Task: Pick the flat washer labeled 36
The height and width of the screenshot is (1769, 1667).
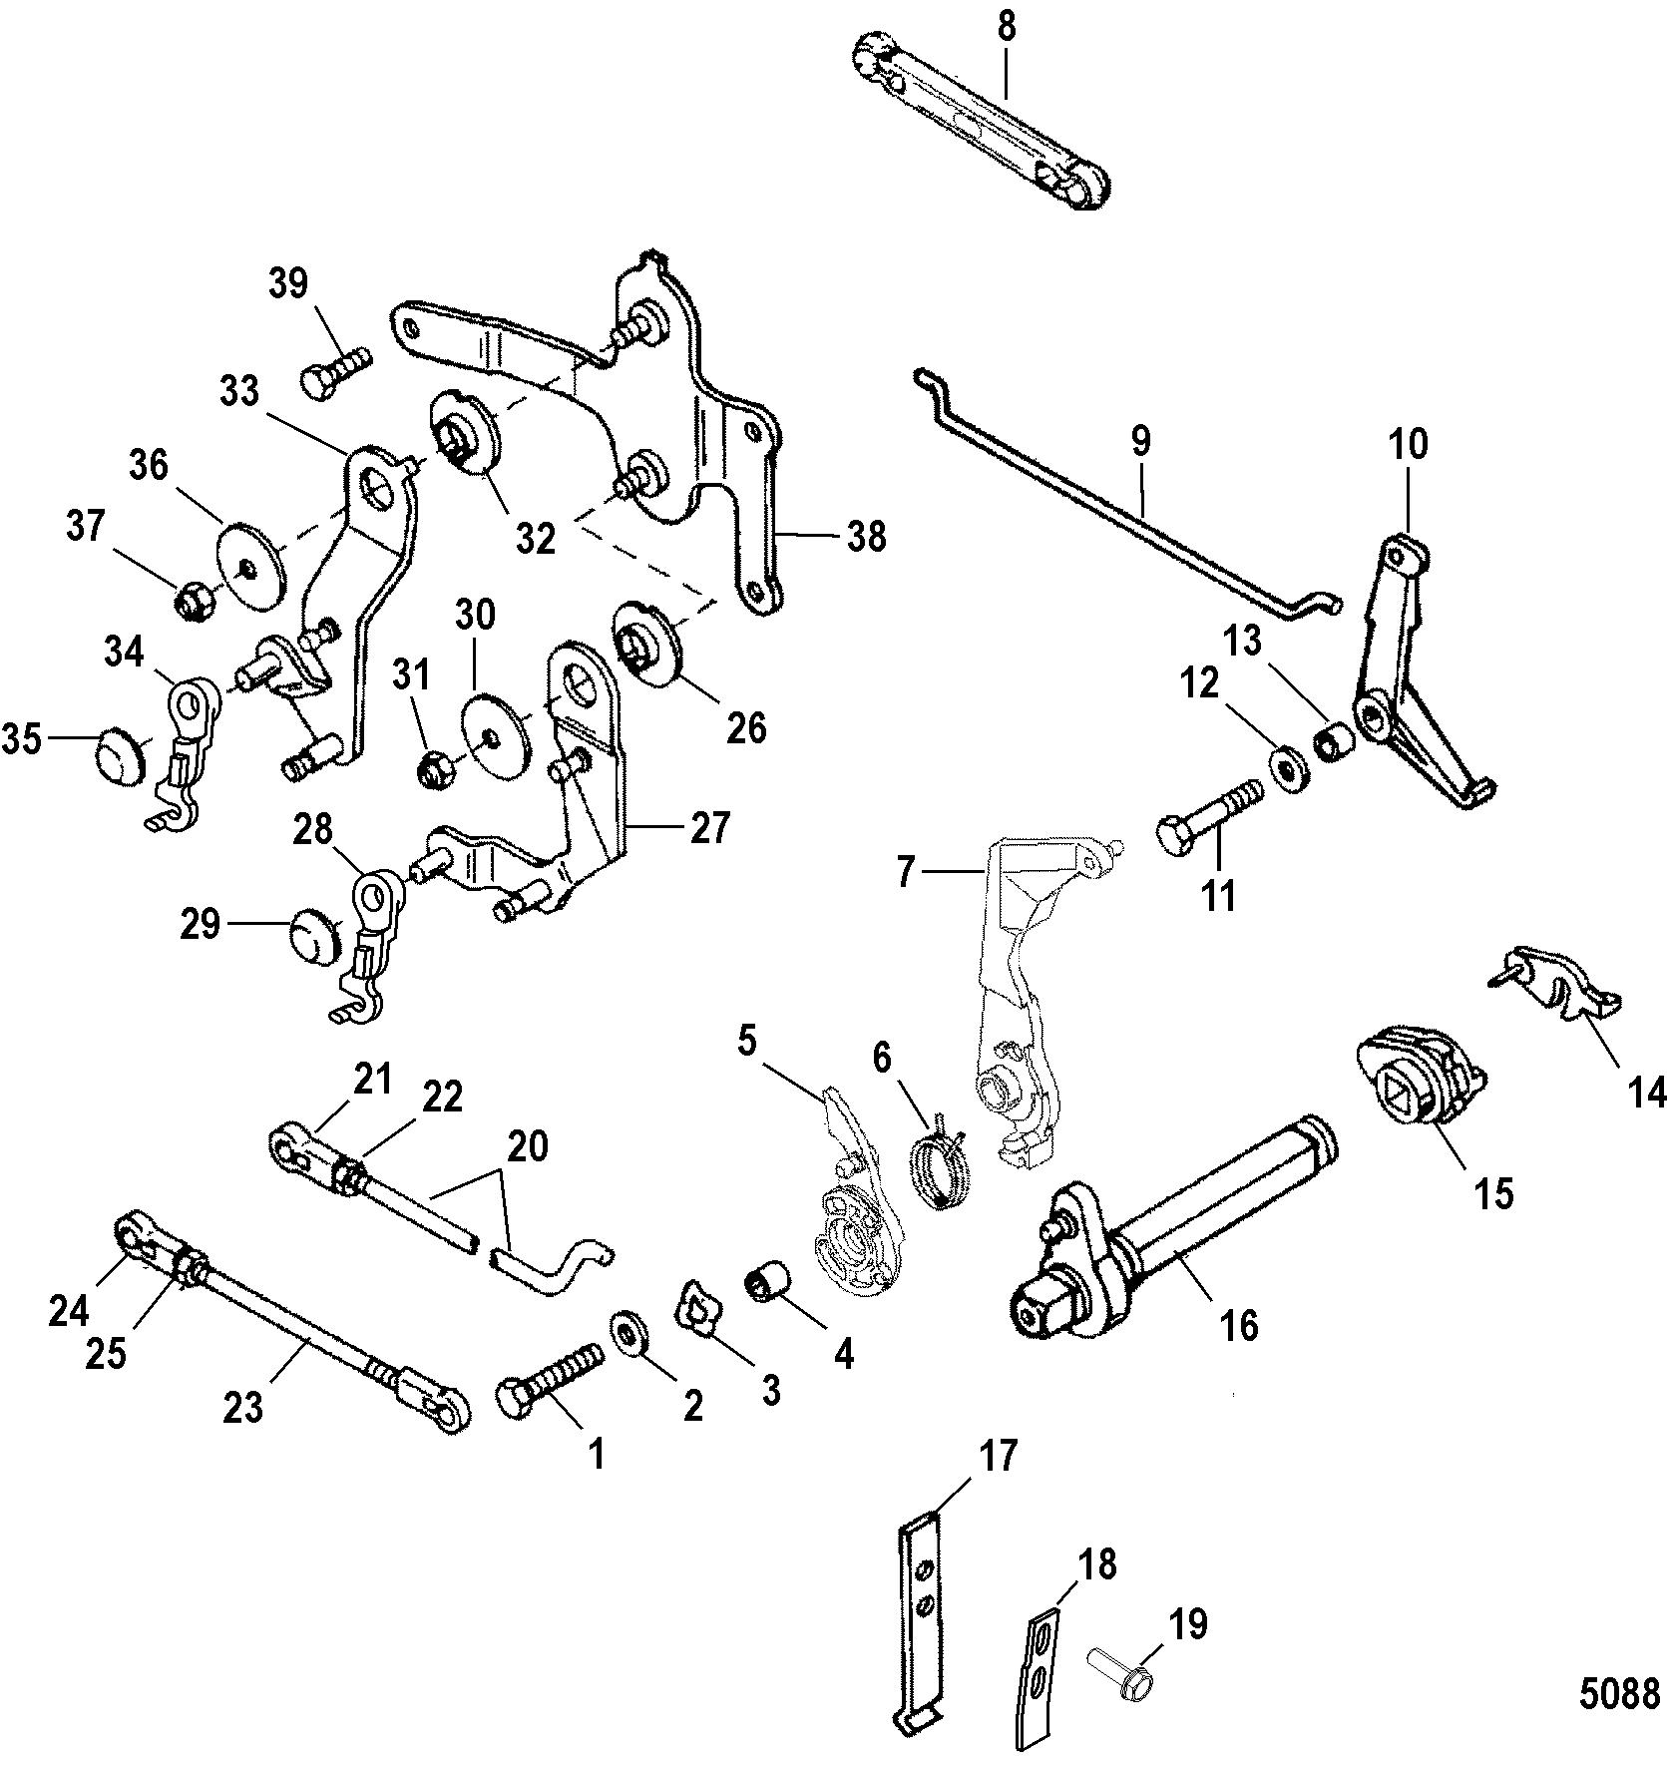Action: [x=251, y=565]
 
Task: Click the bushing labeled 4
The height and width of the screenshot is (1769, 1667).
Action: [x=768, y=1280]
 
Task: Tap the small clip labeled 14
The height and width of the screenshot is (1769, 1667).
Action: [x=1563, y=984]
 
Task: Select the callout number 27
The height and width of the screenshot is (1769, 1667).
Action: [x=709, y=827]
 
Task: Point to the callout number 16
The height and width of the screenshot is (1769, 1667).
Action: [x=1237, y=1323]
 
